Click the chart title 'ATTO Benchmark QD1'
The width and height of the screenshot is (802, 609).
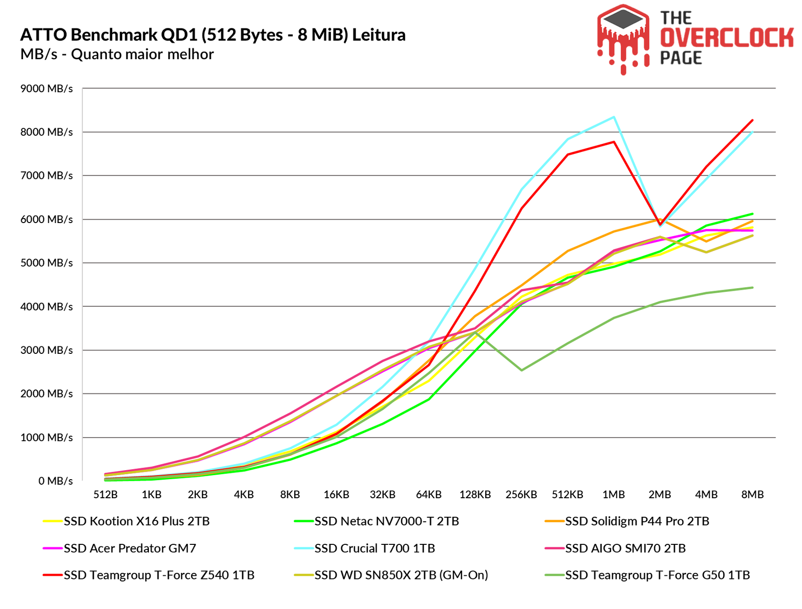point(213,35)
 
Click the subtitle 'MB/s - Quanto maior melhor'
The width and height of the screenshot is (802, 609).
point(117,54)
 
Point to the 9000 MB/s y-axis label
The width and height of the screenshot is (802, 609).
point(46,89)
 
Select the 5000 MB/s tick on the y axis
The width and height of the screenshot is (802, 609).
point(46,263)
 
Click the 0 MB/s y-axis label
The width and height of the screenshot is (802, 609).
point(56,481)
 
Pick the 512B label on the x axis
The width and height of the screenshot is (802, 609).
point(105,495)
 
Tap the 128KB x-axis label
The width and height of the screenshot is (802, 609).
point(475,495)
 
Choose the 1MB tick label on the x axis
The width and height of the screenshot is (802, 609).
point(614,495)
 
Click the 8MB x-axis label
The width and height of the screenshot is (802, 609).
point(752,495)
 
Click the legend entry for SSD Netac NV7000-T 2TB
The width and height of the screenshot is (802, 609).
point(386,521)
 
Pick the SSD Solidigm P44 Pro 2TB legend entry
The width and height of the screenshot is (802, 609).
point(637,521)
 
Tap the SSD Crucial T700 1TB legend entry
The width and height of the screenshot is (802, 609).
point(374,548)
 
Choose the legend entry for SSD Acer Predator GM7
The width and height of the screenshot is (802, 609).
point(130,548)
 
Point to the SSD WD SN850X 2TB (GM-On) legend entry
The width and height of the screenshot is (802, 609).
point(401,575)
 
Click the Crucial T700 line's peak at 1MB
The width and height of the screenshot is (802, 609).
point(614,117)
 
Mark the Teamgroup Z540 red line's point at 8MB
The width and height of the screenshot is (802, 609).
point(752,120)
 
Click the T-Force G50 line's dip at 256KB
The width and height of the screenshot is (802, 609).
point(521,370)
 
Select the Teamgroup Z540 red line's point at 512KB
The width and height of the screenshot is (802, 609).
point(567,154)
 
